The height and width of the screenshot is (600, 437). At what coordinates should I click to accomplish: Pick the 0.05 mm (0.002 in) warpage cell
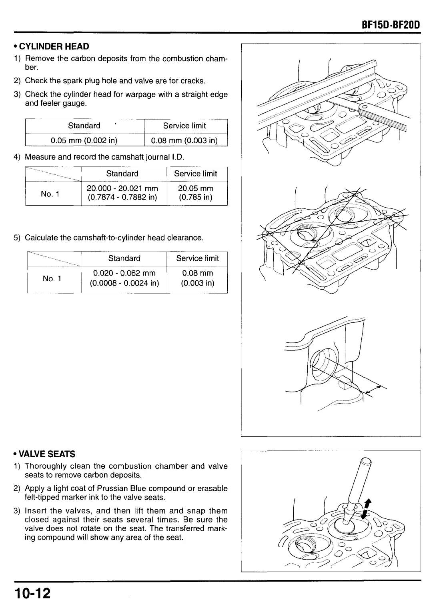coord(84,140)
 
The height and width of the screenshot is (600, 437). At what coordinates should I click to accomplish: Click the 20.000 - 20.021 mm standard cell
coord(122,193)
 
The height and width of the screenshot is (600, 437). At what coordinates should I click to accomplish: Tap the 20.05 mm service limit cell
coord(195,193)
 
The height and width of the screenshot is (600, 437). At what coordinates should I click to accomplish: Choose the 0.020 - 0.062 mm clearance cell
coord(124,278)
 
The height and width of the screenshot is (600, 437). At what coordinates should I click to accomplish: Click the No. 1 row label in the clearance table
coord(52,278)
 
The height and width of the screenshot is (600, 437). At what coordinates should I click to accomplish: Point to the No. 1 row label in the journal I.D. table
coord(50,194)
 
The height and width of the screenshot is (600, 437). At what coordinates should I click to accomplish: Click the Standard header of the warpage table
coord(84,126)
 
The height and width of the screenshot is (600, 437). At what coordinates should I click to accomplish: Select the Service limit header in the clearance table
coord(197,258)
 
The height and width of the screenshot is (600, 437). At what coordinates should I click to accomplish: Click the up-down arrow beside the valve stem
coord(366,509)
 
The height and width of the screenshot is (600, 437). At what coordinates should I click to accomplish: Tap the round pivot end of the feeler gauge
coord(365,107)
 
